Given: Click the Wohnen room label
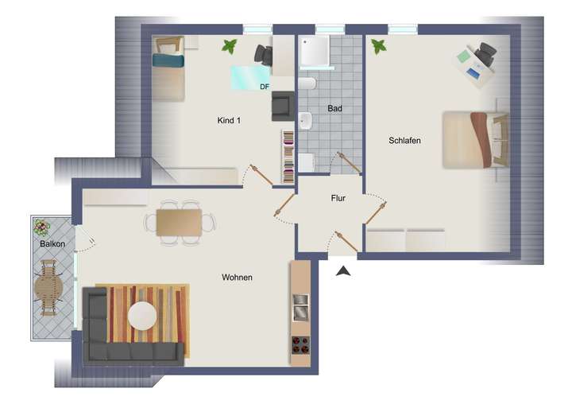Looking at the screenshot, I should pos(237,278).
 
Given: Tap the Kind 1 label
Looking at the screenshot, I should pos(229,120).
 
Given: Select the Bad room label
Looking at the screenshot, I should pos(334,107).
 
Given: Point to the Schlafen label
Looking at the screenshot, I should pos(404,140).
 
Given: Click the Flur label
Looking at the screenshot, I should pos(338,200).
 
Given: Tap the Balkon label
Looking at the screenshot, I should pos(52,244).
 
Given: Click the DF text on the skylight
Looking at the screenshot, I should pos(264,85).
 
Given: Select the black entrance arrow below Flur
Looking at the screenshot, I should pos(343,271).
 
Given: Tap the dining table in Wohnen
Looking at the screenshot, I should pos(179,222).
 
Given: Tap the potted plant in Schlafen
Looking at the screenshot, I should pos(378,47).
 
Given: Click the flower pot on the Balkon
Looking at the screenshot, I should pos(41,227).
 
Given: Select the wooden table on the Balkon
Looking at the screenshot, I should pos(48,291).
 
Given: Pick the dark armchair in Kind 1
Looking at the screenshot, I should pos(282,106).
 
